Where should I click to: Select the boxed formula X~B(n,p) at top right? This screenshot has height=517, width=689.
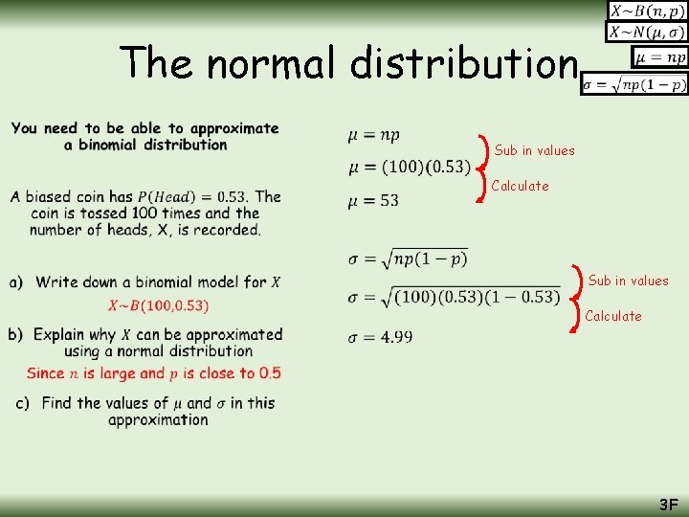(x=647, y=11)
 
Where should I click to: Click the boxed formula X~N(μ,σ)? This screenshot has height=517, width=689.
(x=647, y=33)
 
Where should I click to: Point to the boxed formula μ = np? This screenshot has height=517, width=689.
(x=660, y=57)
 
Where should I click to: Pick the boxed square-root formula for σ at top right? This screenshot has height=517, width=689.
(x=634, y=84)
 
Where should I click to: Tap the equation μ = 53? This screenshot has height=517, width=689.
(x=374, y=201)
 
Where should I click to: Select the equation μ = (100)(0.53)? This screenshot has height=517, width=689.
(x=409, y=168)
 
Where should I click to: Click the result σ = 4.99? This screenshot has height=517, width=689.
(x=381, y=336)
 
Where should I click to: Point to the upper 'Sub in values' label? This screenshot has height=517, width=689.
(x=534, y=150)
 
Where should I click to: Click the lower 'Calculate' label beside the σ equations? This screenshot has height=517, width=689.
(x=612, y=316)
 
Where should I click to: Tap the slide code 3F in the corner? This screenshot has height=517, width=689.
(x=667, y=504)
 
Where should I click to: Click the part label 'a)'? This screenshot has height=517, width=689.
(x=16, y=281)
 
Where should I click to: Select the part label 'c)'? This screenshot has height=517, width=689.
(x=22, y=403)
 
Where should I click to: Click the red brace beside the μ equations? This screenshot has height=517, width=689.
(x=484, y=168)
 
